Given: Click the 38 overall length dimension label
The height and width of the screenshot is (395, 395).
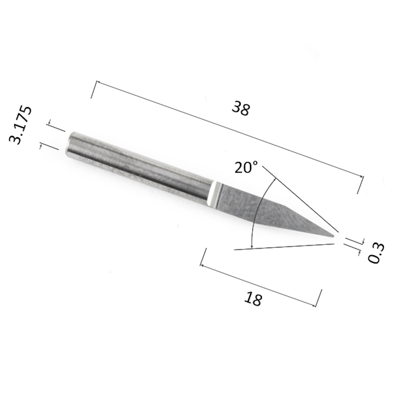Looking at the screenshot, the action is (x=241, y=108).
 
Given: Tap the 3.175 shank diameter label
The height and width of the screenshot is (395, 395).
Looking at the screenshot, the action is (x=21, y=125).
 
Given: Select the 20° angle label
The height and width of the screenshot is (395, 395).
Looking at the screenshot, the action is (x=246, y=167).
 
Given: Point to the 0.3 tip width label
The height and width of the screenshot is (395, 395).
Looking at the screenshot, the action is (x=376, y=253).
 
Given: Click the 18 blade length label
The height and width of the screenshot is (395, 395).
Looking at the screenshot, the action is (x=253, y=299).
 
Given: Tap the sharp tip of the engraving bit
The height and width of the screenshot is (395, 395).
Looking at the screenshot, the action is (x=334, y=236).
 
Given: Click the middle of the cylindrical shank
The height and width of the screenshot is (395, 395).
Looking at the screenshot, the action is (x=140, y=168).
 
